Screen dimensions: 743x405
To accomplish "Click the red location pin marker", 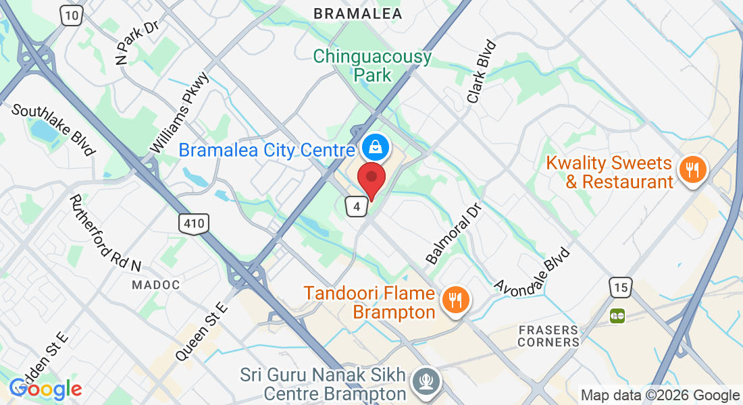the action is [x=371, y=179].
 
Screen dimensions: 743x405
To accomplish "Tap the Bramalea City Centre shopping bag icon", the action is [x=372, y=145].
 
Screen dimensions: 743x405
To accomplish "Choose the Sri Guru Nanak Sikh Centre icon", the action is [x=426, y=380].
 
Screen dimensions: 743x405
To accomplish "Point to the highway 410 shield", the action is [x=195, y=223].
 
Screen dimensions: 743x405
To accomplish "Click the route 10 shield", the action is [x=72, y=16].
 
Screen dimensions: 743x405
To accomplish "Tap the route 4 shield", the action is [x=356, y=206].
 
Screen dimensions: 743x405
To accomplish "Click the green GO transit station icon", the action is [x=617, y=315].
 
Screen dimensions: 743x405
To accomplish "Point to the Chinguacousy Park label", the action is [x=372, y=65].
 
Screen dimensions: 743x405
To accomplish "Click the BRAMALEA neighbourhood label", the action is [x=358, y=13].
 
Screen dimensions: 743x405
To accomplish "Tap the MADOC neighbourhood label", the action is [x=156, y=285].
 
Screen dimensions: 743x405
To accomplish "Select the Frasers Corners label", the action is [x=548, y=335].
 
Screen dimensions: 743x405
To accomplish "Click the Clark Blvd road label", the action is [x=482, y=72].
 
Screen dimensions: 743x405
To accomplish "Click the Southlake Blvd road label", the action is [x=53, y=130].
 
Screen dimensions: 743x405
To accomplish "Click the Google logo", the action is [x=45, y=388].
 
